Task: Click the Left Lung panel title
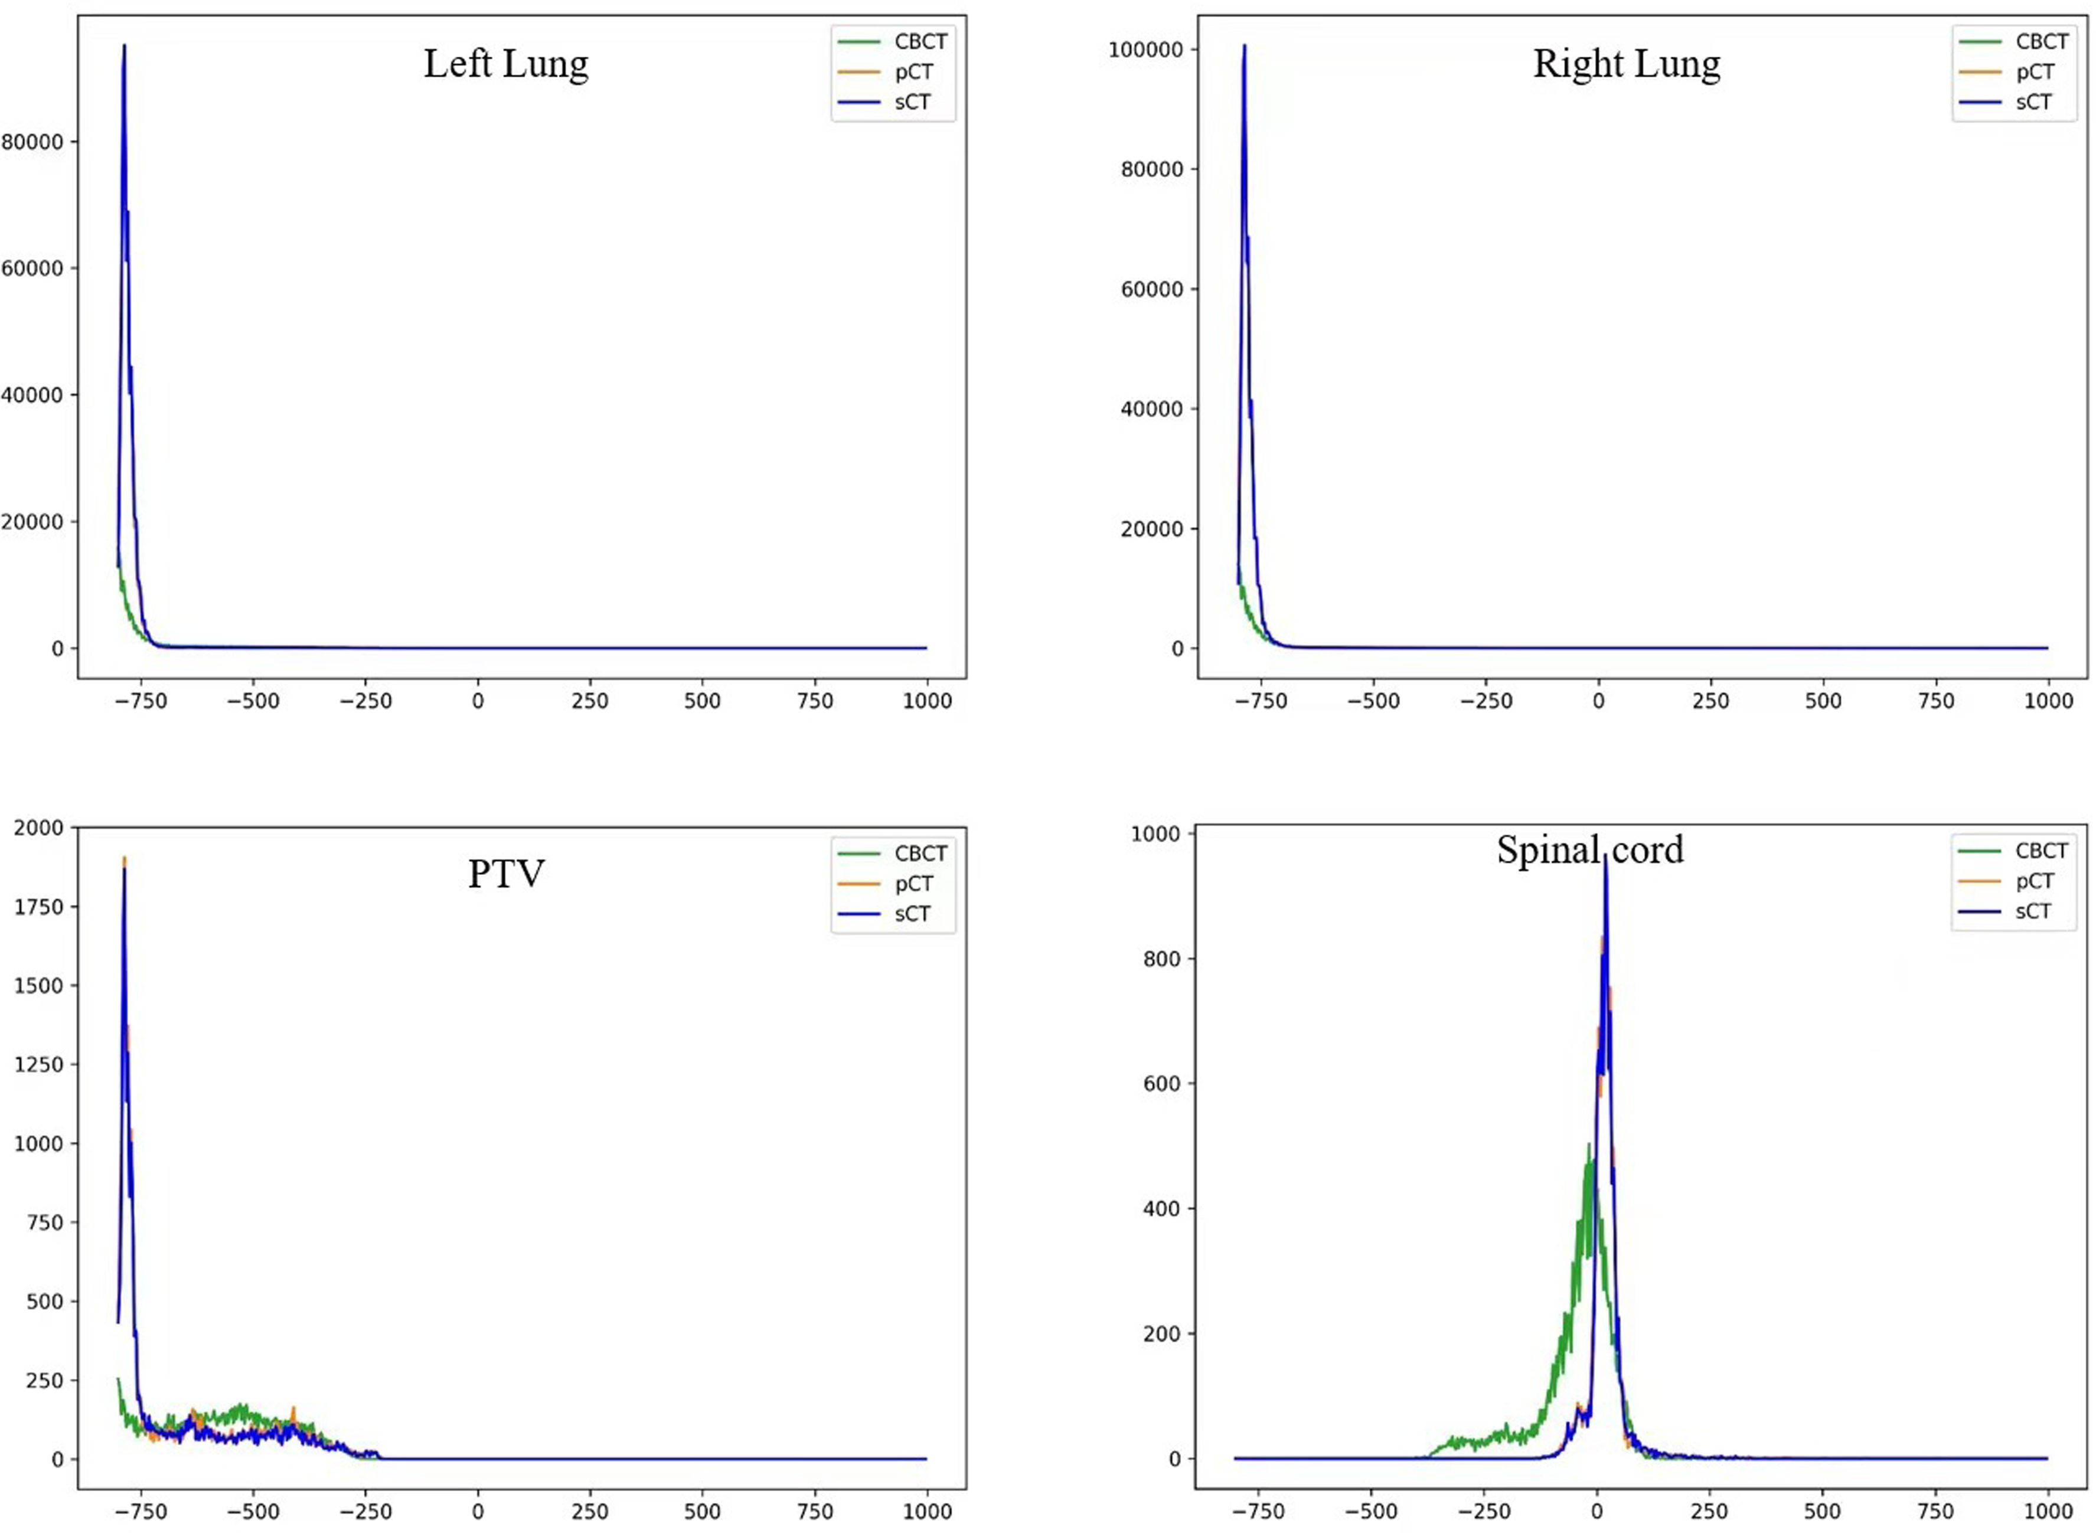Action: (506, 64)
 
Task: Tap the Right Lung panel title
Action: (1626, 64)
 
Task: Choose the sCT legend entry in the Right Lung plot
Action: (2033, 102)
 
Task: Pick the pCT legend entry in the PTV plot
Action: (913, 884)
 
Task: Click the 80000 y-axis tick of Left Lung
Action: (32, 142)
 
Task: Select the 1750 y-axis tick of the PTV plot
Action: (39, 907)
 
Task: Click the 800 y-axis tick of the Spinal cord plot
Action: (1162, 959)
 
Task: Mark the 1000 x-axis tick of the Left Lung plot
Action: (926, 701)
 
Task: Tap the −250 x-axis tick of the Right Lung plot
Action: (1486, 701)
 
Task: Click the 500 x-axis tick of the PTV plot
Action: (702, 1512)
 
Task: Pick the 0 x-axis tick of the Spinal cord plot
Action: (1597, 1512)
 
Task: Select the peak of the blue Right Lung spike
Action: (1244, 45)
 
